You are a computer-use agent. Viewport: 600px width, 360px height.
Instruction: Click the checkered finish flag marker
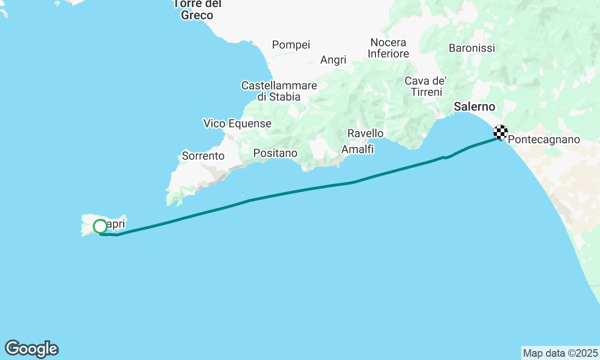pos(501,132)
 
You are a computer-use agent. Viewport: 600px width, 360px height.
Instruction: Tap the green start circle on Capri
pos(100,226)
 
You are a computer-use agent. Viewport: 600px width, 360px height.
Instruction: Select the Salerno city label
pos(474,107)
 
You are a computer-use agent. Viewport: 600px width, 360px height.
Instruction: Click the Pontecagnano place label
pos(544,140)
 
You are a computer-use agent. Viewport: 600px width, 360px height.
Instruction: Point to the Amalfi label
pos(358,149)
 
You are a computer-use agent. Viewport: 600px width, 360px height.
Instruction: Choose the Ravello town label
pos(365,134)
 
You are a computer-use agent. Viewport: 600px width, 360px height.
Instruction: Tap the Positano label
pos(275,153)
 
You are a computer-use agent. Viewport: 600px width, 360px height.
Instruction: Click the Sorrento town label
pos(203,156)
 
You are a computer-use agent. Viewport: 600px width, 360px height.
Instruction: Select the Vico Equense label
pos(237,124)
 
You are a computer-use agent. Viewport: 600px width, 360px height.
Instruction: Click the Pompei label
pos(291,45)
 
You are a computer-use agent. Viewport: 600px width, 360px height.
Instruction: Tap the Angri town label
pos(333,60)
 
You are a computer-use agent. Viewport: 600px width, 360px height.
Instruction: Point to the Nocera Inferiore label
pos(388,48)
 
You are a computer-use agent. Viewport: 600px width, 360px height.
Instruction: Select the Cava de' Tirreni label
pos(426,86)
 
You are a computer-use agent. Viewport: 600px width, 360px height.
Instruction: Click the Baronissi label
pos(472,48)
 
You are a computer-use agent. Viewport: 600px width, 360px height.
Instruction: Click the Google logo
pos(31,349)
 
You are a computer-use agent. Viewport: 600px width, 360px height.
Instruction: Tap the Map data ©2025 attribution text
pos(560,353)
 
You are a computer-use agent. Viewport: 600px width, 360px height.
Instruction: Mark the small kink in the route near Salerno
pos(444,157)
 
